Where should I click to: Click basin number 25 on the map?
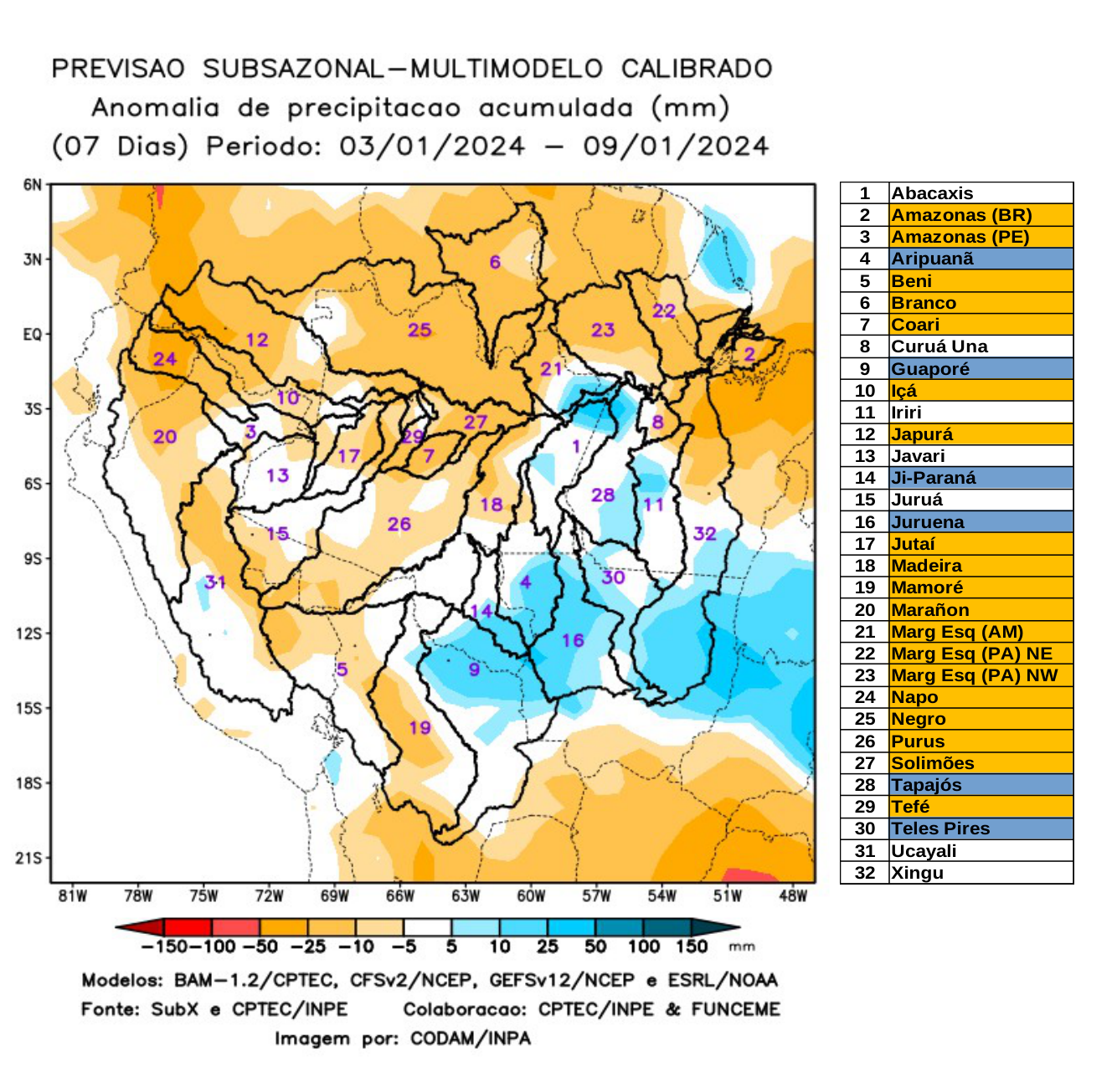[420, 330]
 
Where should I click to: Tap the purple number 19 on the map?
[420, 727]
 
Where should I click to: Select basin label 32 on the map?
[704, 533]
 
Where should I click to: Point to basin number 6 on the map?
[495, 262]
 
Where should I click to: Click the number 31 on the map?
[215, 582]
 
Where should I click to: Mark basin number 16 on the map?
[573, 640]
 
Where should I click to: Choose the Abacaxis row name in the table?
[932, 193]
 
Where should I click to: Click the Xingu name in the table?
[917, 873]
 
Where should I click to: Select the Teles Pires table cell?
[940, 828]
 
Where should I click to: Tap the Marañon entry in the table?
[929, 610]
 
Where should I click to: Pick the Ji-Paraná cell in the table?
[934, 478]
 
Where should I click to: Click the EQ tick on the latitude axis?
[32, 335]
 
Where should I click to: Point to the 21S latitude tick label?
[29, 858]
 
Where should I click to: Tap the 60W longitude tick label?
[531, 896]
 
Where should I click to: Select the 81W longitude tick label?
[73, 896]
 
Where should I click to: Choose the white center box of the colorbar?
[427, 927]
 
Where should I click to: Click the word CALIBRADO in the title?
[697, 69]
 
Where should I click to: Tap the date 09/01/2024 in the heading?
[676, 146]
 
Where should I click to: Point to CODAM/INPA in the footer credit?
[470, 1039]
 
